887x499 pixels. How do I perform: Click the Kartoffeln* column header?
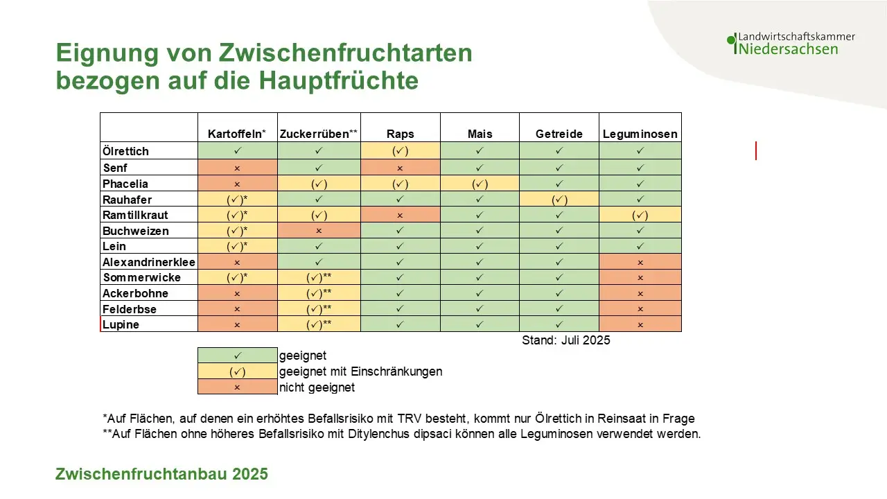237,134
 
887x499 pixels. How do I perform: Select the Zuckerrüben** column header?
319,134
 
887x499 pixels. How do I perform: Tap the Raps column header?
400,134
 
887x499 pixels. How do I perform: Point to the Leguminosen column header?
640,134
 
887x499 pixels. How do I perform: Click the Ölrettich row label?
126,151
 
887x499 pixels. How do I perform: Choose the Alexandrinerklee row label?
149,262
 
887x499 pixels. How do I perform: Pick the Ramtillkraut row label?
136,215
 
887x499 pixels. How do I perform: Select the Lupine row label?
121,324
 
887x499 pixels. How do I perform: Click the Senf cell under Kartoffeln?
237,168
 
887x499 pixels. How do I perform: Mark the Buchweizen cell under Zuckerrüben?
319,231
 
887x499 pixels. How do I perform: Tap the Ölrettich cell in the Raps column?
400,150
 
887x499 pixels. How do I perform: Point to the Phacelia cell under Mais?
480,184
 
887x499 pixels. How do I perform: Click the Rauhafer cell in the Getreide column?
559,200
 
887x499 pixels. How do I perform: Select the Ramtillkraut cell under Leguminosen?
640,215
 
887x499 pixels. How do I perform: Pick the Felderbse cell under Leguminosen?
640,308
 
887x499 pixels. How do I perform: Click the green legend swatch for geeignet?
237,356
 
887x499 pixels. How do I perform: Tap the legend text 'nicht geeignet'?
317,387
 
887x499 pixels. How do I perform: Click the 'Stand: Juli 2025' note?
565,340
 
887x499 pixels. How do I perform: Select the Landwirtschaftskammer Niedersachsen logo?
791,44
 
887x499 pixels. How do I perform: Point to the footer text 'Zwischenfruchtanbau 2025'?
161,475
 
